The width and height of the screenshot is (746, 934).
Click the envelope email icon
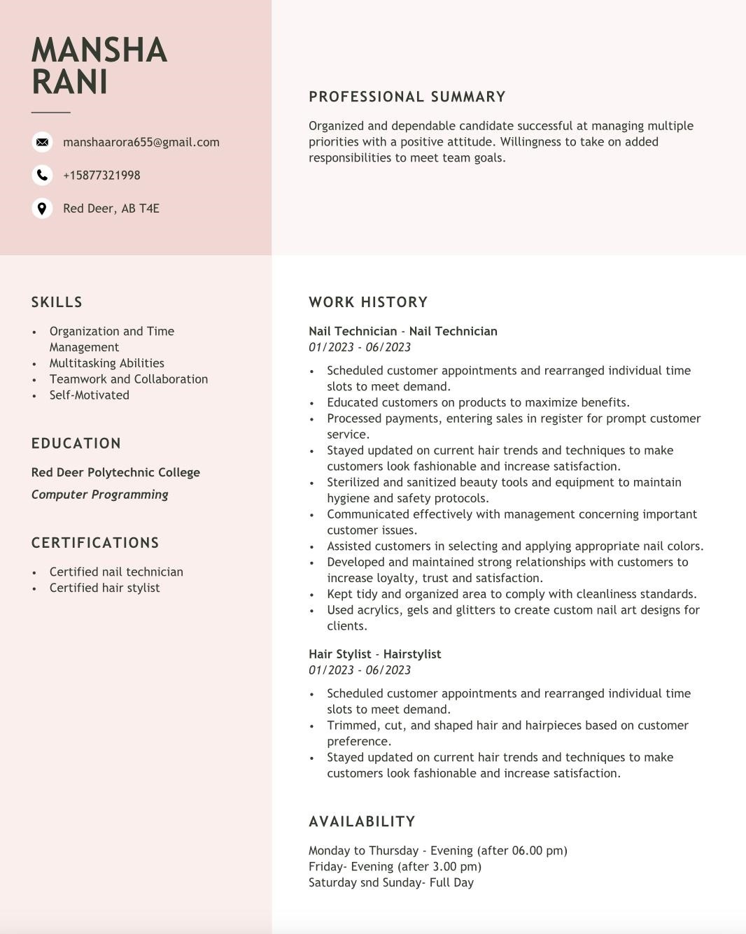(x=42, y=142)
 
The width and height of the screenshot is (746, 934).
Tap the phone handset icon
(x=42, y=175)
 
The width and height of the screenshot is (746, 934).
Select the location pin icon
(x=42, y=208)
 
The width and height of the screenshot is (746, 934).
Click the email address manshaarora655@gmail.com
(x=141, y=142)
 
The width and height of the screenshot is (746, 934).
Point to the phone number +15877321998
(x=101, y=175)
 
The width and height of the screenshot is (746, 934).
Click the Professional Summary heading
(x=407, y=97)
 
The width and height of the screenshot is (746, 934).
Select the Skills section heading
(x=57, y=302)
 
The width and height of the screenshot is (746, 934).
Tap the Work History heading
(x=367, y=302)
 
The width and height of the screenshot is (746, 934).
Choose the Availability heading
(x=362, y=821)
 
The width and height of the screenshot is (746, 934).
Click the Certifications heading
(x=95, y=543)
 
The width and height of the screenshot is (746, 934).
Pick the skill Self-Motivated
(x=89, y=395)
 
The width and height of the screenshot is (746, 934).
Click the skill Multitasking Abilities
(x=106, y=363)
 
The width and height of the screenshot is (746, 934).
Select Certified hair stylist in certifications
(x=104, y=588)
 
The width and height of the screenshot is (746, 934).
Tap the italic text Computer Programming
(x=99, y=495)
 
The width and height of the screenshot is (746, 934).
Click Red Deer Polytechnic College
(x=115, y=472)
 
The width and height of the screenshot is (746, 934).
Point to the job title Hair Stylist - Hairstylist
(x=374, y=654)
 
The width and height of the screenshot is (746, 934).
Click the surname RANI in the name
(x=69, y=82)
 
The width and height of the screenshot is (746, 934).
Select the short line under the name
(x=50, y=112)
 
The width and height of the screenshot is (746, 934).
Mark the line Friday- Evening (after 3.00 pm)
(x=395, y=866)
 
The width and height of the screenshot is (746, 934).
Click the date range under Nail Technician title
(x=359, y=347)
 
